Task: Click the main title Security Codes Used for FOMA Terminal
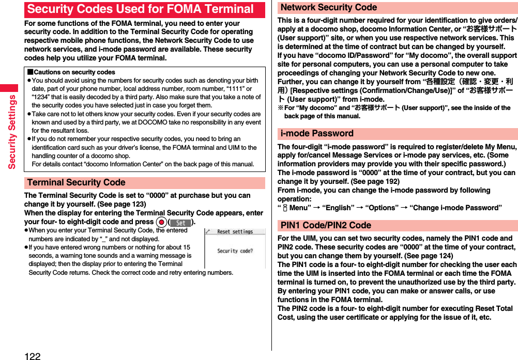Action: click(x=141, y=9)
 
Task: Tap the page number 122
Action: click(x=32, y=355)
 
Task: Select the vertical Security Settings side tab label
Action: click(x=11, y=132)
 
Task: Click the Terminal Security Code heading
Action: click(x=77, y=182)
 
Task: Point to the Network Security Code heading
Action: click(x=329, y=8)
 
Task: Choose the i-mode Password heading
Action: click(x=317, y=133)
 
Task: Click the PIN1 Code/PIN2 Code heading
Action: click(x=326, y=225)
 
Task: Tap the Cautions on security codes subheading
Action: click(x=71, y=72)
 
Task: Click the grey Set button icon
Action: click(x=180, y=222)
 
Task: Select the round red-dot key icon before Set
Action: click(x=162, y=222)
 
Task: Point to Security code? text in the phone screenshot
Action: click(x=235, y=251)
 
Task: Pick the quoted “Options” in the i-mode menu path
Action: click(x=380, y=208)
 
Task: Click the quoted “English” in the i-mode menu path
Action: click(x=338, y=208)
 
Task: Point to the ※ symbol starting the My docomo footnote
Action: click(x=281, y=108)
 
